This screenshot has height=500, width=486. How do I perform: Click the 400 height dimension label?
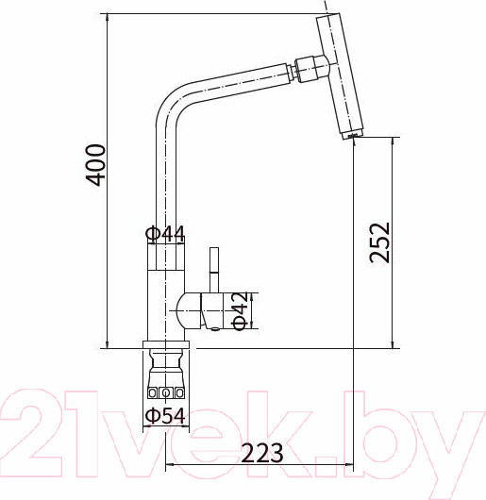coord(95,165)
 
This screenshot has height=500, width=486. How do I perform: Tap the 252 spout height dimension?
coord(379,242)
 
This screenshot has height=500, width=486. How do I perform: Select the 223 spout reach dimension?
coord(262,453)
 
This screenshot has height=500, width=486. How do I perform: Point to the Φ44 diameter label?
coord(165,234)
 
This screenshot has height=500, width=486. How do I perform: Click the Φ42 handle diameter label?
coord(241,310)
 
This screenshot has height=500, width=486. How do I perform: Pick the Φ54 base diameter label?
coord(165,415)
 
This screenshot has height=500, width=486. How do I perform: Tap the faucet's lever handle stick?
coord(214,270)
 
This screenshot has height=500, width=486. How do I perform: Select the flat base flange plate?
coord(166,344)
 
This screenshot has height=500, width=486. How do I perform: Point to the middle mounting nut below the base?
coord(165,392)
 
